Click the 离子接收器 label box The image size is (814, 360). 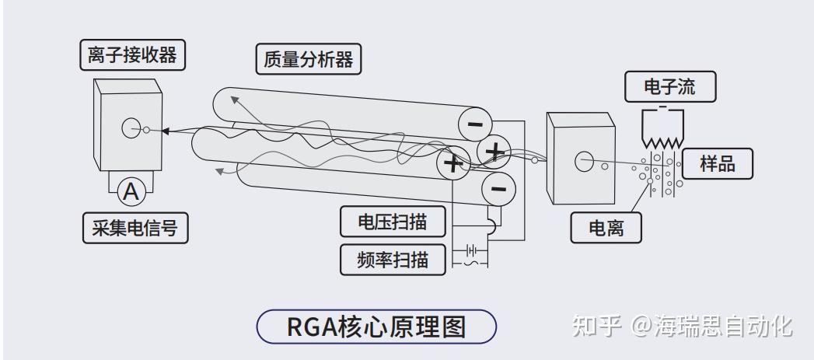coord(133,55)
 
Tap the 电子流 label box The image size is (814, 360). coord(669,87)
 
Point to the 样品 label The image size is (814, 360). coord(717,165)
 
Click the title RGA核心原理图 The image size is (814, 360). coord(376,327)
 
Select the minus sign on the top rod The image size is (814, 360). coord(473,124)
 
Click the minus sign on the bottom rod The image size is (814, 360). coord(498,188)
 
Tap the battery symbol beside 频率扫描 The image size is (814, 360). coord(470,250)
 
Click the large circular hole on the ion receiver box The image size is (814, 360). coord(131,128)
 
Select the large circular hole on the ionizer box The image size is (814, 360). coord(583,162)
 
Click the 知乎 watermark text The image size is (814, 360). coord(596,327)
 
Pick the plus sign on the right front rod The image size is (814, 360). coord(494,149)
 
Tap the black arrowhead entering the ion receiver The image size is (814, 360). coord(166,131)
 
